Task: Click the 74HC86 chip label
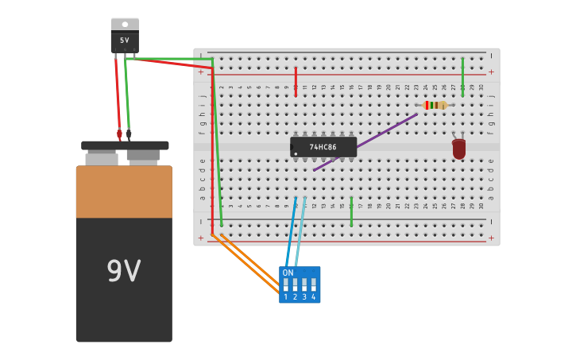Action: tap(323, 147)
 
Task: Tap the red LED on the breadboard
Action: tap(458, 149)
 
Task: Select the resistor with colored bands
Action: tap(434, 105)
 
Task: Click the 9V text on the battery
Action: tap(123, 272)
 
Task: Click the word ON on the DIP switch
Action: tap(288, 273)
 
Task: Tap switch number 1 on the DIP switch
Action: tap(286, 285)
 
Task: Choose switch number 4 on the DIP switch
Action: tap(314, 285)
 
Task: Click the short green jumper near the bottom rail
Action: tap(351, 212)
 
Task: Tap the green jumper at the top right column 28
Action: tap(462, 76)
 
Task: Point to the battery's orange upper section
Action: tap(123, 192)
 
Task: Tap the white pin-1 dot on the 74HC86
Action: tap(296, 154)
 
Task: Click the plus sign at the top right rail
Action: tap(491, 72)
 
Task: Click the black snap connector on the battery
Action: tap(125, 145)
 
